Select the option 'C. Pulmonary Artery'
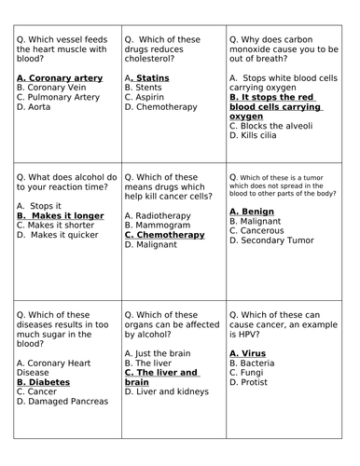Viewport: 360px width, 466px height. click(x=59, y=96)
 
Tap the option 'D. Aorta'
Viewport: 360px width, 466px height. click(x=35, y=106)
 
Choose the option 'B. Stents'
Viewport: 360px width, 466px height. click(x=143, y=86)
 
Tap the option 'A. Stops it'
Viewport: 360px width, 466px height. click(x=38, y=205)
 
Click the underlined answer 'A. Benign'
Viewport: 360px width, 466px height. click(x=253, y=212)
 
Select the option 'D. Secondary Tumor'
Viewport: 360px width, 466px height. click(x=272, y=241)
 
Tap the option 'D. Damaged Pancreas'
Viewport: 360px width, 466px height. click(x=62, y=401)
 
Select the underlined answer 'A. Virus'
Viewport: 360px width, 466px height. click(x=247, y=354)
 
